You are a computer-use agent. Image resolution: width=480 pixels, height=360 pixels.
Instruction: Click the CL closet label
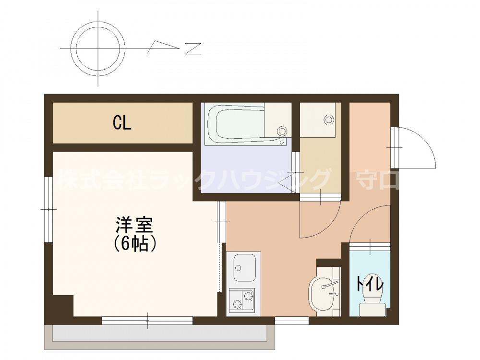click(x=122, y=123)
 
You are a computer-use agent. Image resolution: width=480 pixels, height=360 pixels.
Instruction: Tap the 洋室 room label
click(x=134, y=225)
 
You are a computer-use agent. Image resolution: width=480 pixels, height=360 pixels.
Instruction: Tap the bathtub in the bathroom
click(x=235, y=124)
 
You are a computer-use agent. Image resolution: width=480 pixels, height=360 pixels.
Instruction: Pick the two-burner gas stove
click(x=241, y=300)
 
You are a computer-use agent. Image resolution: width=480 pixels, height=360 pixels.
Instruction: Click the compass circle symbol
click(x=98, y=48)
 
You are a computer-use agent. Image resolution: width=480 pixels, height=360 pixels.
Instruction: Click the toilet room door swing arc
click(x=370, y=223)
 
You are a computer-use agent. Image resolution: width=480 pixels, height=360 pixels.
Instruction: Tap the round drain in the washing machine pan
click(x=329, y=119)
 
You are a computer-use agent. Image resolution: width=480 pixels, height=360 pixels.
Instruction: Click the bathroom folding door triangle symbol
click(x=287, y=182)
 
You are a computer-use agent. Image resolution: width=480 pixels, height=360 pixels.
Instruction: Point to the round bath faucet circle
click(x=282, y=130)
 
